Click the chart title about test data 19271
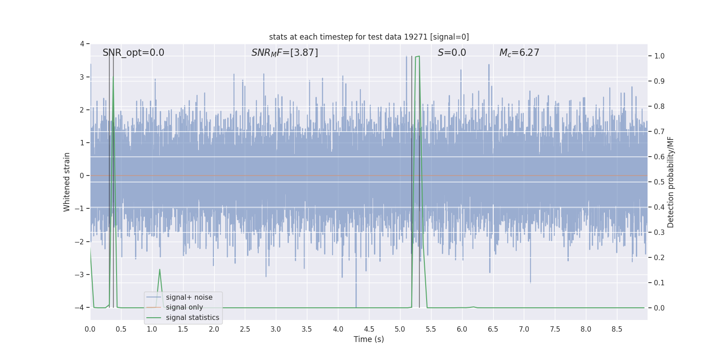click(369, 37)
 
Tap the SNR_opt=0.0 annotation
click(133, 53)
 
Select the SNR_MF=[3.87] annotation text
click(284, 53)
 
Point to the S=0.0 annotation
click(452, 53)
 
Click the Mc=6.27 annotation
click(519, 53)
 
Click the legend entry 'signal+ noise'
click(189, 297)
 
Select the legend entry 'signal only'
click(184, 307)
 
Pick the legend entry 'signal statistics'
click(192, 318)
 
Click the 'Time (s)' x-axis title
click(369, 339)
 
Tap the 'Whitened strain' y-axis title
click(67, 182)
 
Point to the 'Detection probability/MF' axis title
click(670, 182)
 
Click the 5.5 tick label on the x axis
click(431, 329)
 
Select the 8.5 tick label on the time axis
click(616, 329)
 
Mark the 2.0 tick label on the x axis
click(214, 329)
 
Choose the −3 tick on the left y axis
click(81, 274)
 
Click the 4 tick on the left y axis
click(82, 44)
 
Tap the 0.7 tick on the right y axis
click(659, 131)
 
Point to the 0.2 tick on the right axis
click(659, 257)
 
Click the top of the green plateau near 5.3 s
click(417, 57)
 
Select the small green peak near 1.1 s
click(160, 270)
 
